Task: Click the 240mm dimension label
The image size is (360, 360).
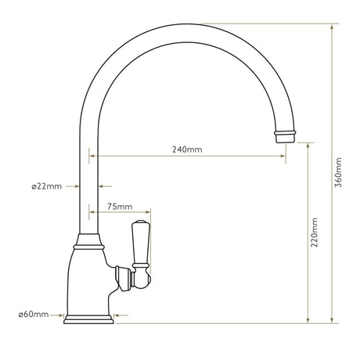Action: (188, 149)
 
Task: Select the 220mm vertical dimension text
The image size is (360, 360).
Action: (315, 232)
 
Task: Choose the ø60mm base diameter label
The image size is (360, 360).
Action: (34, 315)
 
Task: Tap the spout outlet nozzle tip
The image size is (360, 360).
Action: (286, 138)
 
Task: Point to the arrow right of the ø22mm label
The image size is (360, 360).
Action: (106, 186)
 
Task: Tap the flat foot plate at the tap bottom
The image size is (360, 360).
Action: (90, 318)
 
